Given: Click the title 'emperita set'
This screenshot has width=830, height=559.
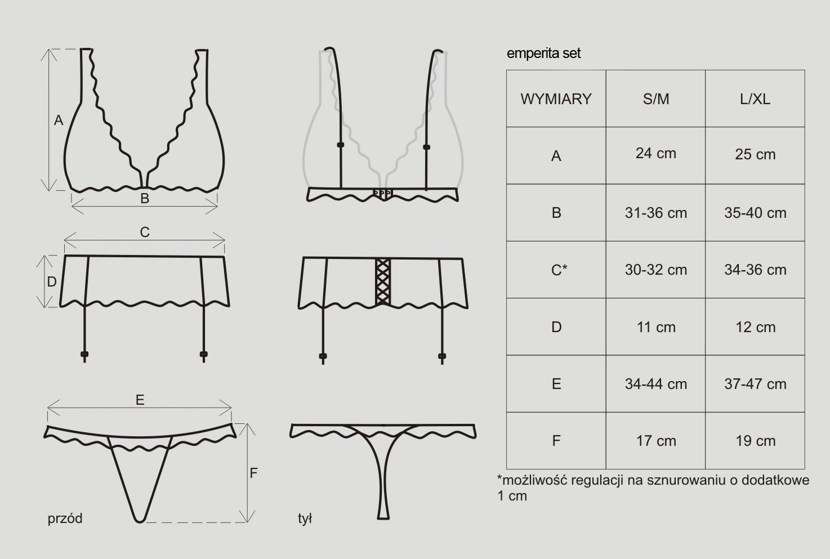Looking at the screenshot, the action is tap(543, 53).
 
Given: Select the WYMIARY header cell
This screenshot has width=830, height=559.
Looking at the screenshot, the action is tap(556, 99).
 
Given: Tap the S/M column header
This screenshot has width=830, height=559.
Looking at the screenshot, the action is tap(656, 99).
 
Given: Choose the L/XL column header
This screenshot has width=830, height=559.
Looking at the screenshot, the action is tap(755, 99).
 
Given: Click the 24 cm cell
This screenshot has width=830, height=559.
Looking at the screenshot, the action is tap(656, 155).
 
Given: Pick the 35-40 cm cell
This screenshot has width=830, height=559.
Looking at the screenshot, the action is tap(755, 213).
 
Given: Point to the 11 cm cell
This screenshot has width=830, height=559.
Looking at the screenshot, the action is tap(656, 327).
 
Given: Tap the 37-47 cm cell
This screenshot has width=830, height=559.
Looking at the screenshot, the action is tap(755, 384).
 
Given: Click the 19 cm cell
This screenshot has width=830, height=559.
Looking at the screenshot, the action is tap(755, 441).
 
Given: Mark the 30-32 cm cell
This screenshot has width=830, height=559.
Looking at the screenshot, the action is tap(656, 270).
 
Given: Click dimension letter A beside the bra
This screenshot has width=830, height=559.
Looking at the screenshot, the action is tap(59, 120).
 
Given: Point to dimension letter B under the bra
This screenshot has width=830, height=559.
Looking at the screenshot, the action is tap(145, 199).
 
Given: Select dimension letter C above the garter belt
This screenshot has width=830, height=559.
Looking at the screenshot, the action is tap(145, 232).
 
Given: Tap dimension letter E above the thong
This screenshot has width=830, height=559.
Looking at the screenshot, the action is tap(140, 400).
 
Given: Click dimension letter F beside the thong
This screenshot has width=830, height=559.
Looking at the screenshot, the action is tap(253, 473).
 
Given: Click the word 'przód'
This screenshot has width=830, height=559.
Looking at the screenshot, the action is tap(65, 518).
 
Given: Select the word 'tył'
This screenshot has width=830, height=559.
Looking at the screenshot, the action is tap(305, 518).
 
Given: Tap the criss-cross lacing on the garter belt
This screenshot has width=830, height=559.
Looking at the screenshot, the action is tap(383, 282).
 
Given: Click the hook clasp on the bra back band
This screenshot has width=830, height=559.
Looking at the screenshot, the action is tap(383, 193).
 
